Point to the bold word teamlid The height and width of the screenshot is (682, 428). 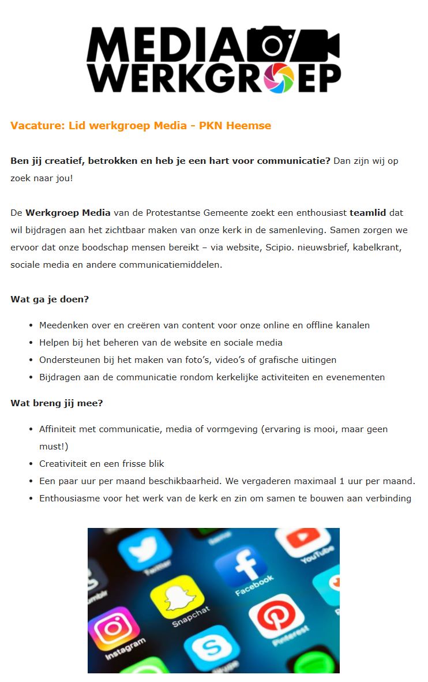[368, 212]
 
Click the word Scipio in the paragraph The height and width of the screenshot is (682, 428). [275, 248]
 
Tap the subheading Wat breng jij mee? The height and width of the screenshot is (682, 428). [57, 403]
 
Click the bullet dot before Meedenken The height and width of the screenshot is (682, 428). [31, 325]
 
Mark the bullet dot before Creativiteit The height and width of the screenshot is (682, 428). [31, 464]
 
